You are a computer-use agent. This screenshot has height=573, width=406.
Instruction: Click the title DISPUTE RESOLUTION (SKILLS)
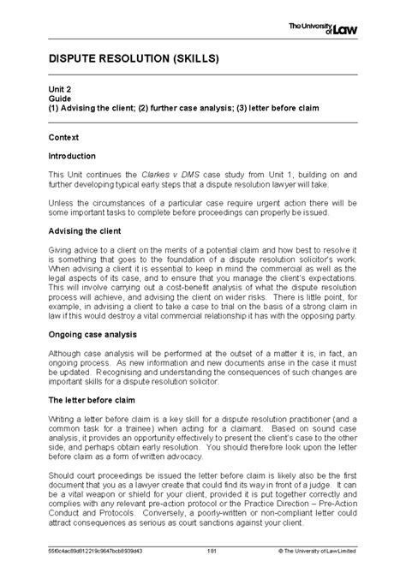[122, 60]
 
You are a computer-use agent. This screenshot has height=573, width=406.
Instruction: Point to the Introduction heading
[71, 155]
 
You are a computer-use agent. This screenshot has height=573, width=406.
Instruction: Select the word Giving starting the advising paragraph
[57, 251]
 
